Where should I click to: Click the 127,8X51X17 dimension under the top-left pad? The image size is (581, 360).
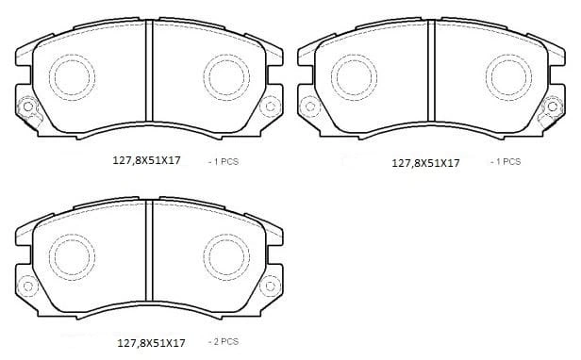pyautogui.click(x=146, y=160)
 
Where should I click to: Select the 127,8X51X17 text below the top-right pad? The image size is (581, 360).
pyautogui.click(x=425, y=163)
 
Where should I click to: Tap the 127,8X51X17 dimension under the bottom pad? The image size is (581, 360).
pyautogui.click(x=151, y=343)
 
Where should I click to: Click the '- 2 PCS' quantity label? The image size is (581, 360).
pyautogui.click(x=224, y=341)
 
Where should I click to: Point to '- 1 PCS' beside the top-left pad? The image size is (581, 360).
pyautogui.click(x=224, y=161)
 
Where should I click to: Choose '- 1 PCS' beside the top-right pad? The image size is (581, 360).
pyautogui.click(x=506, y=161)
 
